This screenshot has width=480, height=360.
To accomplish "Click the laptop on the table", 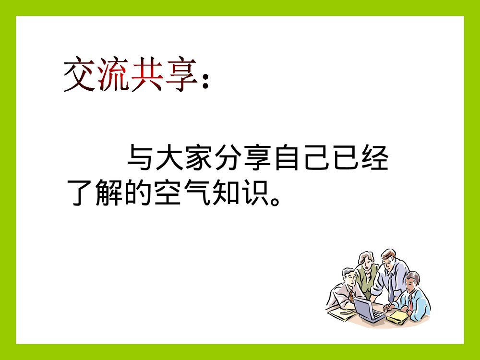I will point(369,309).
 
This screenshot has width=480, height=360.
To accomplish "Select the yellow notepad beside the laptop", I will point(397,316).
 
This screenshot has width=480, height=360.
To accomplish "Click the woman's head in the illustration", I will point(366,259).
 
